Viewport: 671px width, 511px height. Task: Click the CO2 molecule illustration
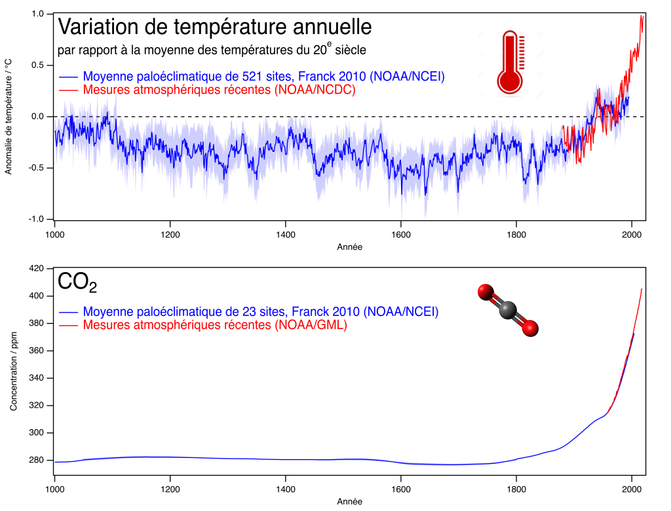(x=508, y=310)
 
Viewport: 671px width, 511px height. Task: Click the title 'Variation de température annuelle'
(x=215, y=27)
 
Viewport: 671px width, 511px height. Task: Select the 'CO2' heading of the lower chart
(x=77, y=282)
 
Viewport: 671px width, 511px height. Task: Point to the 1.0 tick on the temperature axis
(x=37, y=14)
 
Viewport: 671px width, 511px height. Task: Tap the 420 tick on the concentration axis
(x=37, y=268)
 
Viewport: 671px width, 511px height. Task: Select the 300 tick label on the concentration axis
(x=37, y=432)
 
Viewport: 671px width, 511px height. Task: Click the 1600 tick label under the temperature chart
(x=401, y=234)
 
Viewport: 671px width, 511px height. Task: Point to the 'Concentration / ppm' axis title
(x=13, y=372)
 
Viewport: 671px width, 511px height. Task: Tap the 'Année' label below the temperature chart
(x=349, y=247)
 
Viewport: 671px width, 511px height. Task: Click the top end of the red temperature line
(x=642, y=16)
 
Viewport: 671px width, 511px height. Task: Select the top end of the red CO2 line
(x=642, y=289)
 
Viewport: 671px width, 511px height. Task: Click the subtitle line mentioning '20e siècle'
(x=212, y=50)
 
